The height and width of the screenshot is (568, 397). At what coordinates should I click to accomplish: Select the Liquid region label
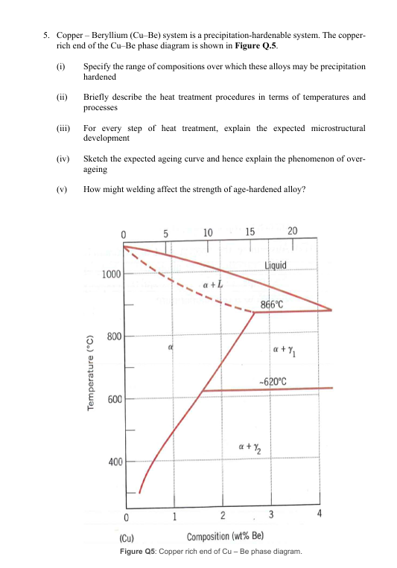coord(281,266)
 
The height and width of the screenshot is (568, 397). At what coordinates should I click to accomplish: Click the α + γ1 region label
coord(286,350)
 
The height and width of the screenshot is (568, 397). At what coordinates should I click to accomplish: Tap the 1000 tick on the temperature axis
coord(110,274)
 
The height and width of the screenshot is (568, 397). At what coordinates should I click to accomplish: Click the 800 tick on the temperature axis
coord(114,336)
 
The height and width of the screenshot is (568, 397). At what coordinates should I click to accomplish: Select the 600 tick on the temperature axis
coord(114,399)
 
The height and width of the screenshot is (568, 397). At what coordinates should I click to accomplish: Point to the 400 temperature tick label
coord(114,462)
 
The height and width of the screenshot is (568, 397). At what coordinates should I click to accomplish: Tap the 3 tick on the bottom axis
coord(271,516)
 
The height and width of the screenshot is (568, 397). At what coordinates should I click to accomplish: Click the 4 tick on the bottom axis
coord(319,515)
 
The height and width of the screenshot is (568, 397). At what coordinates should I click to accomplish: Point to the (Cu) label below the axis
coord(127,537)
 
